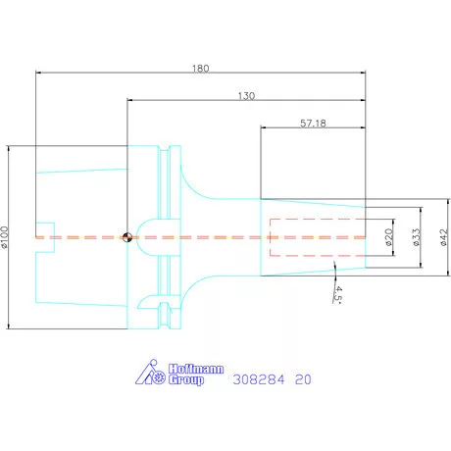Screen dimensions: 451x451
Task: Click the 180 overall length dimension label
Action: pos(200,69)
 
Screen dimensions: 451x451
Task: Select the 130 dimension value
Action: pos(246,96)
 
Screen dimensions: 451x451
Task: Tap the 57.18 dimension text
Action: pos(313,124)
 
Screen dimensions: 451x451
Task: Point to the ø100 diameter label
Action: pos(4,237)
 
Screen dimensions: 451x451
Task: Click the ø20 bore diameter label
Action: pos(388,237)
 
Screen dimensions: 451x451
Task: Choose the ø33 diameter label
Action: pos(416,237)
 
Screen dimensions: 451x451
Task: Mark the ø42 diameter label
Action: pos(443,237)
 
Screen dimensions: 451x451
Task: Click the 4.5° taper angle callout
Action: pos(338,295)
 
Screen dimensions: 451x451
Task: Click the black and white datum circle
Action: pos(127,237)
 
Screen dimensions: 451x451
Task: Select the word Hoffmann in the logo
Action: pos(196,369)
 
